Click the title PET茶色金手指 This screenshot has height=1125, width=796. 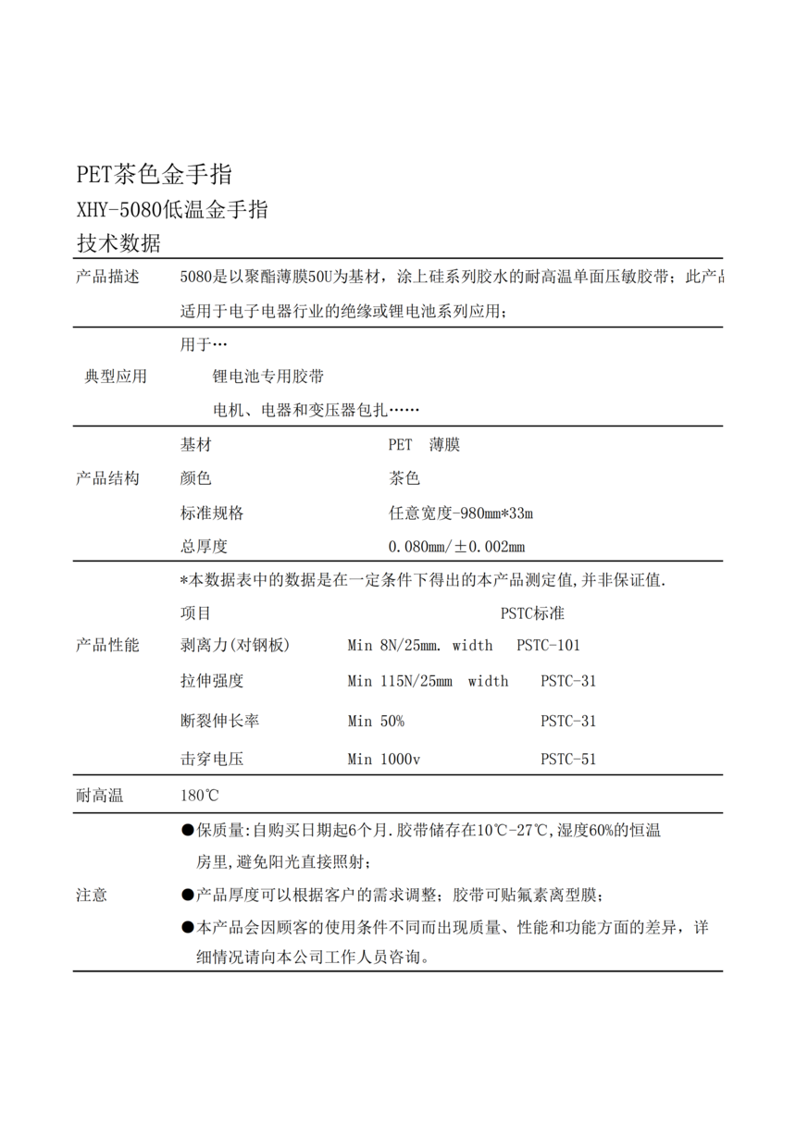[154, 174]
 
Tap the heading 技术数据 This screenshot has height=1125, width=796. [118, 244]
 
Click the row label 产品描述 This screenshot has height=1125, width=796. [107, 278]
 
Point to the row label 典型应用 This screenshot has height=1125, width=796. [116, 377]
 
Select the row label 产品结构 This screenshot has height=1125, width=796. [107, 478]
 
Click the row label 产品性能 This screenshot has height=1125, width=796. [107, 646]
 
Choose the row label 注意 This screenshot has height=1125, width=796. [91, 895]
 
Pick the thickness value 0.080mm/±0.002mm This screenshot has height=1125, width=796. [456, 547]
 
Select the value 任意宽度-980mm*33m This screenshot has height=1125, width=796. [461, 513]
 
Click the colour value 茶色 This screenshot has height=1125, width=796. [404, 479]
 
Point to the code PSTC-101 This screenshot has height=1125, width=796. [548, 646]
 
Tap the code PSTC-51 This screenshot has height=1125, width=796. [568, 760]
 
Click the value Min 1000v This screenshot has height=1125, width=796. [384, 760]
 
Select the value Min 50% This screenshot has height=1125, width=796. [376, 721]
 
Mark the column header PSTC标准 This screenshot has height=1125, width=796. [532, 613]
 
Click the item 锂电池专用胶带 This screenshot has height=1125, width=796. [268, 377]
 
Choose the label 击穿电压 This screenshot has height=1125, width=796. [212, 760]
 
